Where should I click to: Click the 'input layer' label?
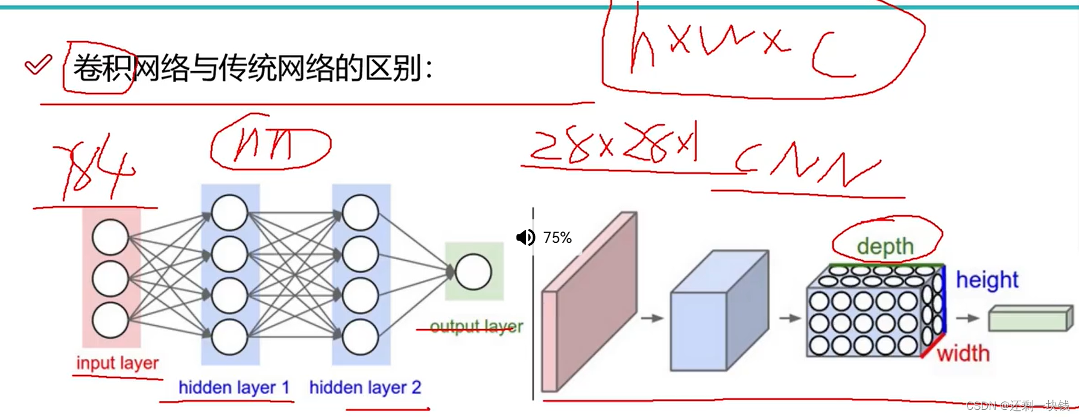click(x=117, y=363)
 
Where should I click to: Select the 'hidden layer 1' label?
click(x=234, y=387)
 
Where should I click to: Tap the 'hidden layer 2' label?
click(x=365, y=387)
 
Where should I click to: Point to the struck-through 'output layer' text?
click(x=476, y=327)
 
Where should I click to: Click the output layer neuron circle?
click(x=473, y=272)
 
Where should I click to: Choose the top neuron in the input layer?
click(x=110, y=237)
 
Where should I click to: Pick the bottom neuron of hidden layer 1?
click(x=229, y=337)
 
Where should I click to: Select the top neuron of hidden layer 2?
click(x=360, y=213)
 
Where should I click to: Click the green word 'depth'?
click(x=885, y=246)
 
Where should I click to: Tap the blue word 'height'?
click(x=987, y=280)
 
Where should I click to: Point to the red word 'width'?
click(x=963, y=353)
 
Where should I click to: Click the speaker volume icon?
click(x=525, y=237)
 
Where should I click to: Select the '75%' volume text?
click(x=557, y=237)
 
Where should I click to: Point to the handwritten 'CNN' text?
click(x=805, y=164)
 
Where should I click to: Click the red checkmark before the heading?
click(x=38, y=64)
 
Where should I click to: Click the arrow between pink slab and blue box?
click(x=652, y=318)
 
